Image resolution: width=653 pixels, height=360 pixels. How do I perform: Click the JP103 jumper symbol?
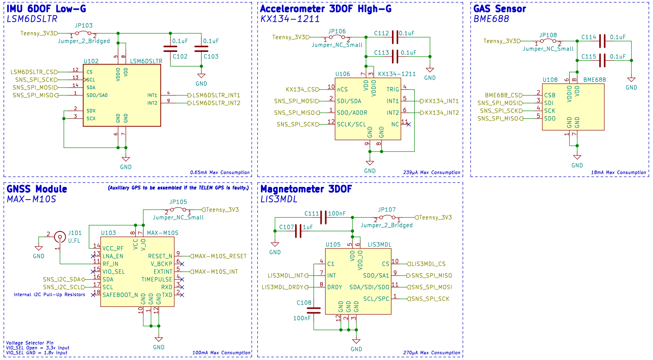point(83,33)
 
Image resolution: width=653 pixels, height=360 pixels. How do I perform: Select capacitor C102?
point(170,48)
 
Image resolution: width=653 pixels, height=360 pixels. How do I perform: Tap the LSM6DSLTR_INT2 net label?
point(216,103)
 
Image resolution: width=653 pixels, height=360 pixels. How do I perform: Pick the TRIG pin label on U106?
point(392,90)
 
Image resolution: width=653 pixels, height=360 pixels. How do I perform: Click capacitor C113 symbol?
point(395,57)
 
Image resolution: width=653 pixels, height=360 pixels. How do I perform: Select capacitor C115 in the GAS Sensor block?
point(602,60)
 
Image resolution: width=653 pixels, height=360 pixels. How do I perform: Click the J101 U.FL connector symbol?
point(60,237)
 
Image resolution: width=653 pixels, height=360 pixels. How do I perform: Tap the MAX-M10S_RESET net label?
point(220,256)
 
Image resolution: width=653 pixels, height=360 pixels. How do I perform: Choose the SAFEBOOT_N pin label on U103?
point(120,295)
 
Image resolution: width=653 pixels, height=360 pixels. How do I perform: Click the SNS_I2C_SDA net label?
point(61,280)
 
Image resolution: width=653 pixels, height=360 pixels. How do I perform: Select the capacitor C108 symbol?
point(314,310)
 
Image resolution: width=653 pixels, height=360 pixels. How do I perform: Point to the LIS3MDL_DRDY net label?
point(282,287)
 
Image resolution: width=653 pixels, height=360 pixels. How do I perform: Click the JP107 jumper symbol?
point(387,218)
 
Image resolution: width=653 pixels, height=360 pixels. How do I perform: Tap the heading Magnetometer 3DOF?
point(306,189)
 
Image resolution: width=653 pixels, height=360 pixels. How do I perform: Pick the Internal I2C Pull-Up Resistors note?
point(49,295)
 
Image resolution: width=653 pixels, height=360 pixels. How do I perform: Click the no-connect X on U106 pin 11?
point(408,124)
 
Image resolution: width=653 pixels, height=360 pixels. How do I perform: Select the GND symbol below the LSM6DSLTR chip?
point(126,160)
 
